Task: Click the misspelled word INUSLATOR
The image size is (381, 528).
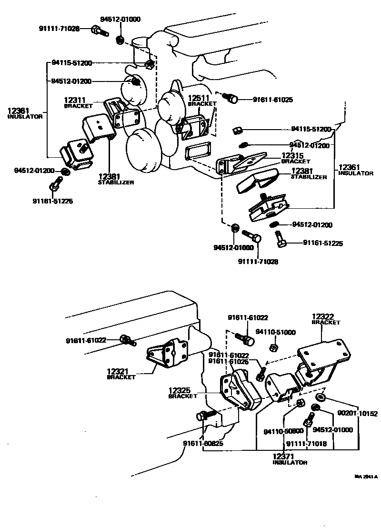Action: click(x=25, y=116)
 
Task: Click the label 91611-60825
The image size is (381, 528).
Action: click(x=203, y=443)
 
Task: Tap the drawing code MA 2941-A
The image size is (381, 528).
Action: click(x=365, y=476)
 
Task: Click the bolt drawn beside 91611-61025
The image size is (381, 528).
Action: click(x=232, y=98)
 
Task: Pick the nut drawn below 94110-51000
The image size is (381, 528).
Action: click(x=273, y=347)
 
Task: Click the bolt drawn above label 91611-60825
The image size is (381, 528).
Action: click(x=202, y=417)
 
